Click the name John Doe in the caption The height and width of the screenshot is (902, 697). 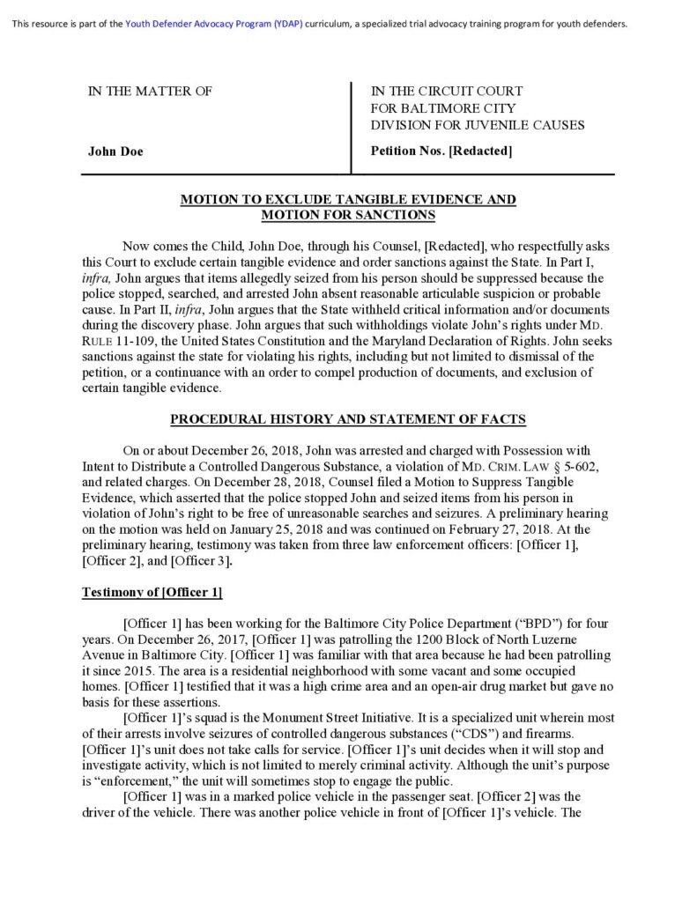coord(115,152)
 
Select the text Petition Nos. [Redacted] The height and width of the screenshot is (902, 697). coord(441,152)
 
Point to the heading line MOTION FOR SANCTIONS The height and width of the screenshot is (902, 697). coord(348,215)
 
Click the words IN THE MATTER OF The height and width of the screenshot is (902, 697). coord(149,91)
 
